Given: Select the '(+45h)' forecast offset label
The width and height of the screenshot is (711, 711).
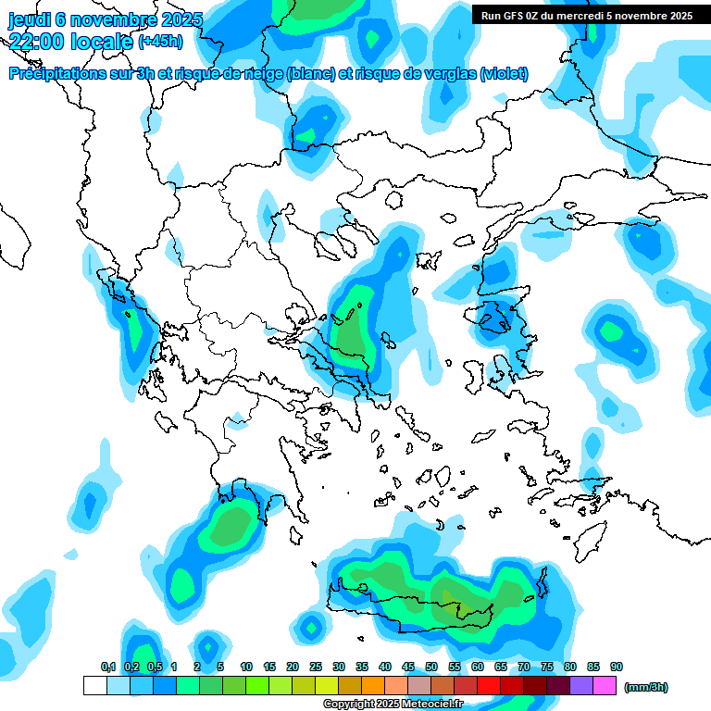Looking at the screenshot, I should (x=160, y=41).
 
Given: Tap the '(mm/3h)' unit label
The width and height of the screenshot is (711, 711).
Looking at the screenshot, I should (x=646, y=687).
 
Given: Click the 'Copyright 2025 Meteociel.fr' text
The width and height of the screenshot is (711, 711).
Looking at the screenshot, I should (x=393, y=705).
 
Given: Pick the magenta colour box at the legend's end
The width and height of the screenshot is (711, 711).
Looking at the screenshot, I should (x=605, y=686).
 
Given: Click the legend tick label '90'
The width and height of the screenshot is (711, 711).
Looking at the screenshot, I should (x=617, y=667).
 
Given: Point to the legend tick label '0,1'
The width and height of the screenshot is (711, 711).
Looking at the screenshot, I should (x=107, y=667).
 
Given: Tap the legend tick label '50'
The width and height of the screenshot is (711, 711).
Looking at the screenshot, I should (x=431, y=667).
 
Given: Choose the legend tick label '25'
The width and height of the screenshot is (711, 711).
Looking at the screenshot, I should (x=316, y=667).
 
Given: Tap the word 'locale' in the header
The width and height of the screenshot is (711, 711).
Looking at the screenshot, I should (x=102, y=40).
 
